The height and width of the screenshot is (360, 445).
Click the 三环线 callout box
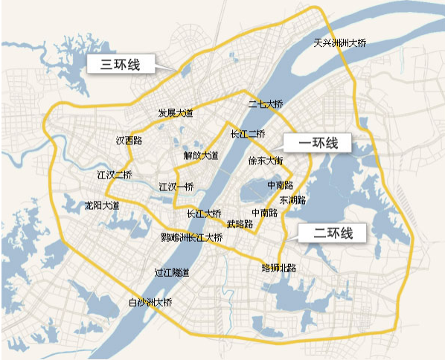(x=119, y=64)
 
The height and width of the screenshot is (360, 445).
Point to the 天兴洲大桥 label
(x=340, y=43)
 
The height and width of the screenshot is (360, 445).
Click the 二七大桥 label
(x=266, y=103)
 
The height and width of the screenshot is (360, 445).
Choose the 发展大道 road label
(x=175, y=113)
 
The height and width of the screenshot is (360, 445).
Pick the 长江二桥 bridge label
(x=248, y=134)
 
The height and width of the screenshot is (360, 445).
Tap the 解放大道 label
(x=201, y=155)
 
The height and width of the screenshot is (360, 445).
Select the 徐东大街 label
(x=265, y=160)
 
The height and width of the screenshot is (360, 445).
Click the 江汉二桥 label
(x=114, y=176)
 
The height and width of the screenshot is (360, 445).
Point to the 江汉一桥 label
(x=176, y=186)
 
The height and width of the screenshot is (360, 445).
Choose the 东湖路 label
(x=292, y=200)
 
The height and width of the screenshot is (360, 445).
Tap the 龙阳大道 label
(x=101, y=204)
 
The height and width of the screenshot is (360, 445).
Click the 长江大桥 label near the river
(x=203, y=213)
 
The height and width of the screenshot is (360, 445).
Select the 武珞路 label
(x=240, y=223)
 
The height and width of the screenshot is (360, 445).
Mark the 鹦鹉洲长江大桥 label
(x=191, y=237)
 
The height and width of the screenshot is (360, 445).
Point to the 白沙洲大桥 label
(x=150, y=302)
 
